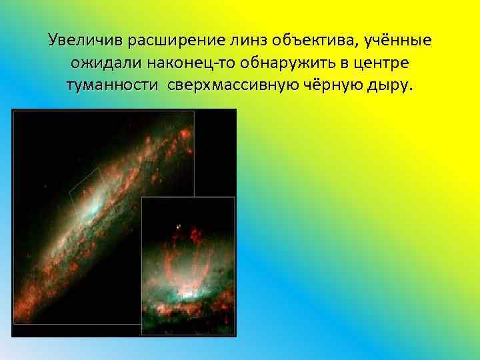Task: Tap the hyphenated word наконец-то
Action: pos(184,63)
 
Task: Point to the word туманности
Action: pos(109,86)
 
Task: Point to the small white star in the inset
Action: pos(178,229)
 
